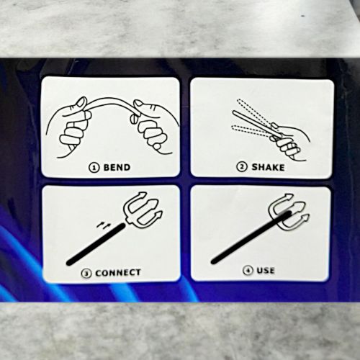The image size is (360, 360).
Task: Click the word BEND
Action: tap(117, 167)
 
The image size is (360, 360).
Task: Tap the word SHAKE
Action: tap(268, 167)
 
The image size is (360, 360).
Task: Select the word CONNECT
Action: tap(118, 273)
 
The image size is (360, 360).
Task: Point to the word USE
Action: tap(266, 271)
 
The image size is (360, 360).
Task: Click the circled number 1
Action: tap(94, 168)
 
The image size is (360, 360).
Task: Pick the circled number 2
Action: tap(242, 167)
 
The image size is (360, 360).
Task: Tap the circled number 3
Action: tap(86, 274)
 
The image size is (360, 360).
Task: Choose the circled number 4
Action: tap(248, 271)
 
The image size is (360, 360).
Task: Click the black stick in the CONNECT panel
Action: tap(96, 244)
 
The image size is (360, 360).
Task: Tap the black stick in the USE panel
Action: tap(251, 237)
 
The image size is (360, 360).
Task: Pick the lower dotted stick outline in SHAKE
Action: tap(252, 131)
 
